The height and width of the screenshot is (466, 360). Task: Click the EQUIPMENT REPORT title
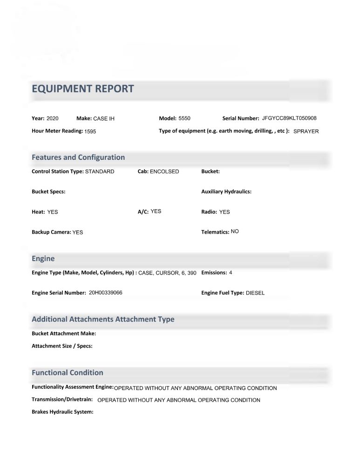[x=82, y=89]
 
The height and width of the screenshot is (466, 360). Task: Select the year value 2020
[x=53, y=118]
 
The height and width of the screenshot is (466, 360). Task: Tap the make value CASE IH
[x=104, y=119]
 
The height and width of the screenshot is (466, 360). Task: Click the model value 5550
[x=184, y=118]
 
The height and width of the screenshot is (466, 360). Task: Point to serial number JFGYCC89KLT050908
[x=289, y=118]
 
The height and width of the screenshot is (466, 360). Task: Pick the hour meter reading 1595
[x=90, y=132]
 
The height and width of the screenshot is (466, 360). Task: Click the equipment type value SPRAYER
[x=306, y=131]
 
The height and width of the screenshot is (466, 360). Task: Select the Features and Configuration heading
[x=78, y=158]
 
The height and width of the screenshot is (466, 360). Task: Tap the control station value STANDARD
[x=100, y=171]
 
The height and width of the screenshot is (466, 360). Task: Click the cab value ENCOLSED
[x=164, y=171]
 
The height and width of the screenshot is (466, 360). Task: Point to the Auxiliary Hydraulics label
[x=226, y=192]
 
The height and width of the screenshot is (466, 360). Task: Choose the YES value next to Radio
[x=224, y=212]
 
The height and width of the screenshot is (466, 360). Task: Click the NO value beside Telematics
[x=235, y=231]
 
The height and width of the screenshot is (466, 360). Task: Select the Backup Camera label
[x=51, y=232]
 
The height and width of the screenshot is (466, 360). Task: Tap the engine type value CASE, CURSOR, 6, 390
[x=167, y=273]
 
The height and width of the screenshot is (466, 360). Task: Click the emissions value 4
[x=231, y=273]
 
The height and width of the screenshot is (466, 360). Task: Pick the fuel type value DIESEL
[x=255, y=293]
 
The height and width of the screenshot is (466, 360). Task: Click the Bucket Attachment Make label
[x=64, y=334]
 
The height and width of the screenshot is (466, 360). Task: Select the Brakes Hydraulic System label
[x=62, y=412]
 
